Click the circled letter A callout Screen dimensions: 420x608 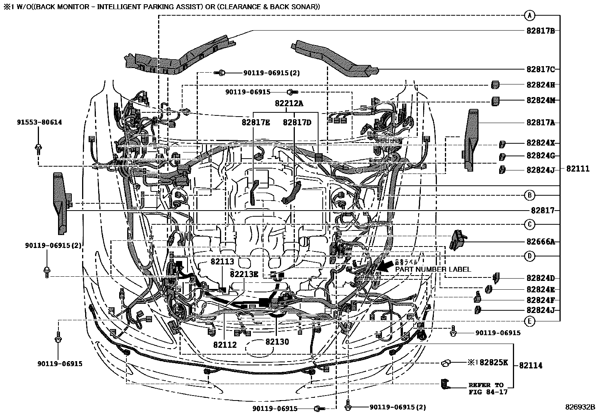[x=529, y=16]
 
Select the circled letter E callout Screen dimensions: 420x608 [x=529, y=321]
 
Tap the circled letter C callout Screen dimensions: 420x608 [x=529, y=224]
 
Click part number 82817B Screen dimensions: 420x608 [x=540, y=31]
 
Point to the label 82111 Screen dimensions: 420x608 [x=578, y=169]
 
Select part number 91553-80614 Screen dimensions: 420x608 [x=39, y=122]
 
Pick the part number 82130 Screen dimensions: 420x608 [x=277, y=342]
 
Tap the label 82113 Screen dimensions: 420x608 [x=222, y=262]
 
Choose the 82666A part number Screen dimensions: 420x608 [x=540, y=242]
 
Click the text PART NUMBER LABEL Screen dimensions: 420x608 [x=433, y=269]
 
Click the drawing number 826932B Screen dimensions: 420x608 [x=580, y=407]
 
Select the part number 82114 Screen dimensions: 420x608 [x=530, y=365]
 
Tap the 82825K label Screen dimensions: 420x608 [x=493, y=363]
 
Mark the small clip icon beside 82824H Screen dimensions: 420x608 [x=495, y=84]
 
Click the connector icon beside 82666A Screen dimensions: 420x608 [x=457, y=239]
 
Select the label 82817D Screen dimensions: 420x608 [x=297, y=122]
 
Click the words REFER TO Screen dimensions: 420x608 [x=486, y=385]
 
